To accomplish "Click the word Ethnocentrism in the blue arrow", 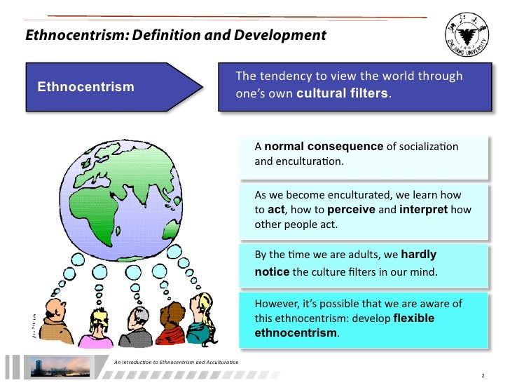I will tap(85, 87).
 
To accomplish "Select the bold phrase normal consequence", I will tap(324, 147).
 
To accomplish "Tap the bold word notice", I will tap(272, 271).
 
